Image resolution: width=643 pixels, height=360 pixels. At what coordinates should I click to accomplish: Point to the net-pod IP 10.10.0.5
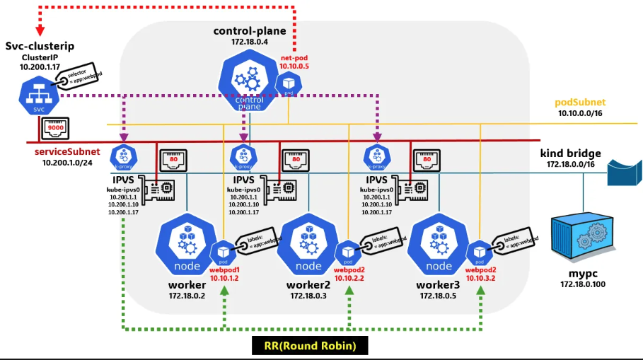[294, 66]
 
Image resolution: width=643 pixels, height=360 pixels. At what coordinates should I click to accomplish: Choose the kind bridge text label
[571, 153]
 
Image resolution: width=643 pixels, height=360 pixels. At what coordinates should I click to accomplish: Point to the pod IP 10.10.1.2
[224, 278]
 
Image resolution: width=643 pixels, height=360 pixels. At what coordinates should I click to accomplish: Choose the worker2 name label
[308, 284]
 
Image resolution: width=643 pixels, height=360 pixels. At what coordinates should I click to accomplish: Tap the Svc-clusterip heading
[40, 46]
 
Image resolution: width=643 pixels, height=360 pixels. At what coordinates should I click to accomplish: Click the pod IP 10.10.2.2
[349, 278]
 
